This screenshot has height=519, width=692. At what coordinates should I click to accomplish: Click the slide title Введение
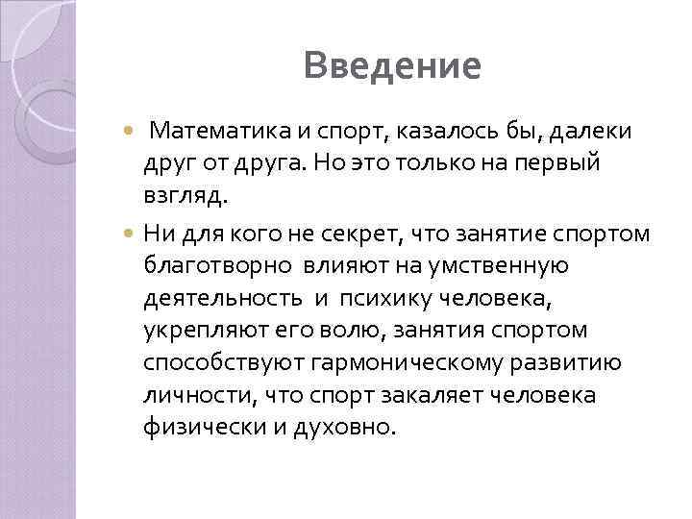click(x=390, y=66)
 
